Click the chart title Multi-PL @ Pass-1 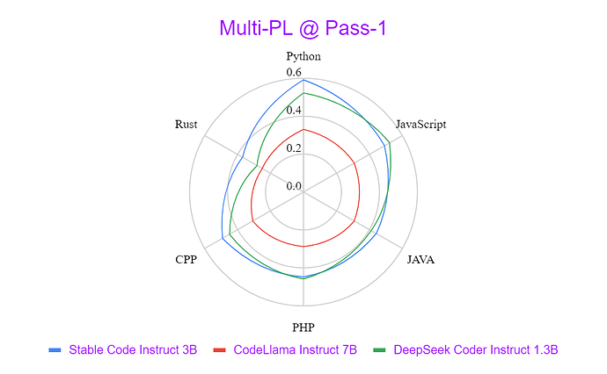click(303, 28)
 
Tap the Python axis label click(303, 56)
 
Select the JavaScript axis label click(421, 124)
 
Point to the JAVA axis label click(421, 259)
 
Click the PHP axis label click(303, 327)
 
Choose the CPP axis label click(186, 259)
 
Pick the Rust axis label click(186, 125)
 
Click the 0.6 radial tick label click(294, 72)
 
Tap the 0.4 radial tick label click(294, 110)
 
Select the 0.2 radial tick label click(294, 148)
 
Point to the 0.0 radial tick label click(294, 186)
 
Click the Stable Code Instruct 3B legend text click(133, 349)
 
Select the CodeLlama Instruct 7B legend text click(295, 349)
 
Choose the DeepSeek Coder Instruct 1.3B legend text click(476, 349)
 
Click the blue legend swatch click(55, 350)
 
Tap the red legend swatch click(220, 350)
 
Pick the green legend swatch click(379, 350)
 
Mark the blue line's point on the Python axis click(303, 80)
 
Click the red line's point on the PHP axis click(303, 246)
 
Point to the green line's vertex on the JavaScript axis click(389, 142)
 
